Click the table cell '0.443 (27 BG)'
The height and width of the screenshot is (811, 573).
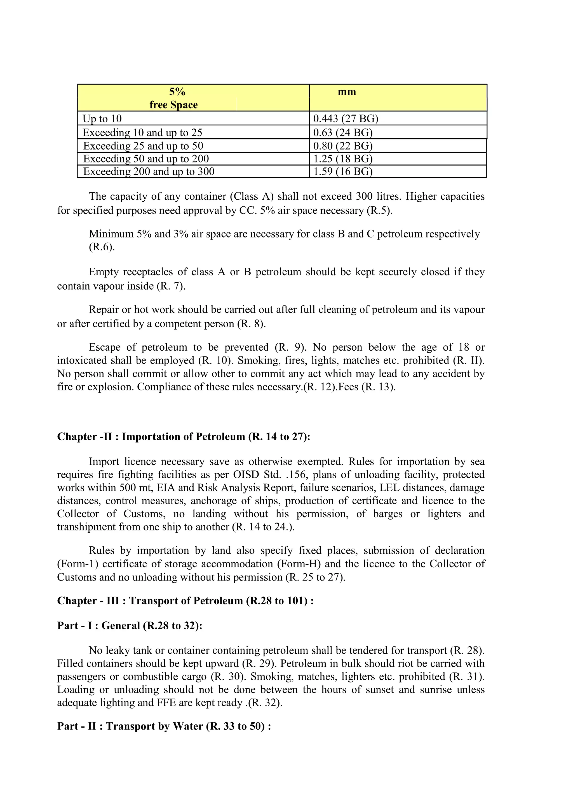[x=346, y=119]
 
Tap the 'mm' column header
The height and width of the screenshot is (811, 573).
[x=347, y=92]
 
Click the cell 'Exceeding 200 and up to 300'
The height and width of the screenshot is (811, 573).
[x=149, y=172]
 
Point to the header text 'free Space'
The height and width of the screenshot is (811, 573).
[x=173, y=105]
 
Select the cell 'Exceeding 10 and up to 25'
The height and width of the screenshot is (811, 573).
[x=142, y=133]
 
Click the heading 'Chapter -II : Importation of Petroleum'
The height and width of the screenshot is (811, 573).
[x=184, y=437]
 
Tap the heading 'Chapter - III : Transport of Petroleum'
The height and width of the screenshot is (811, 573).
[x=185, y=601]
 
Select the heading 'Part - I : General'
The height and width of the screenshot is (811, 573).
[x=130, y=626]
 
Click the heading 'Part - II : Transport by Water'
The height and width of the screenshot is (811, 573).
[x=164, y=726]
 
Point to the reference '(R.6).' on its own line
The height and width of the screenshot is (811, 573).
[x=102, y=247]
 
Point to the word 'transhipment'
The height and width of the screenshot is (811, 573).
[x=83, y=527]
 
